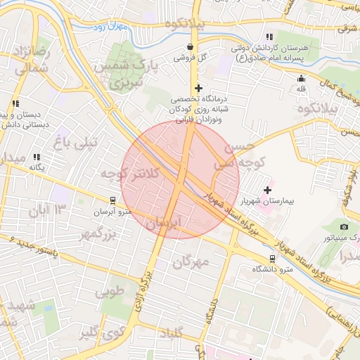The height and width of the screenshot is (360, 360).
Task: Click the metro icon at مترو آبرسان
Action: coord(112,200)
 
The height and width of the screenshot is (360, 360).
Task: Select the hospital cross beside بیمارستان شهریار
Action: coord(267,190)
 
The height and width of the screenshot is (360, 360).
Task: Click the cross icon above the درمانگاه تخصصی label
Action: coord(198,89)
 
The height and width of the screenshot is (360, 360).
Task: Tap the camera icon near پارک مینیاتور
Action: coord(344,226)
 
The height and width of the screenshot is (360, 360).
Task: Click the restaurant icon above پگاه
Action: coord(37,157)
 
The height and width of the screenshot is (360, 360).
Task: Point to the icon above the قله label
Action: coord(302,78)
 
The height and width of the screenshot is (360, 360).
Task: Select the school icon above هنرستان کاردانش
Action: coord(269,37)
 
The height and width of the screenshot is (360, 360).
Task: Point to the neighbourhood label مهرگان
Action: coord(191,262)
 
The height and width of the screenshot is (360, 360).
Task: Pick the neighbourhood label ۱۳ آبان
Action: coord(50,210)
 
